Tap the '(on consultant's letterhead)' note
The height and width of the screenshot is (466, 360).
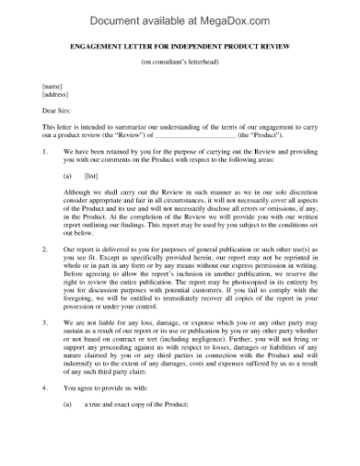pos(179,62)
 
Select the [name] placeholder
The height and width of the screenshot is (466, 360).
pos(51,84)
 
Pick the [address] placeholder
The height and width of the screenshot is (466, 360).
pos(55,93)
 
